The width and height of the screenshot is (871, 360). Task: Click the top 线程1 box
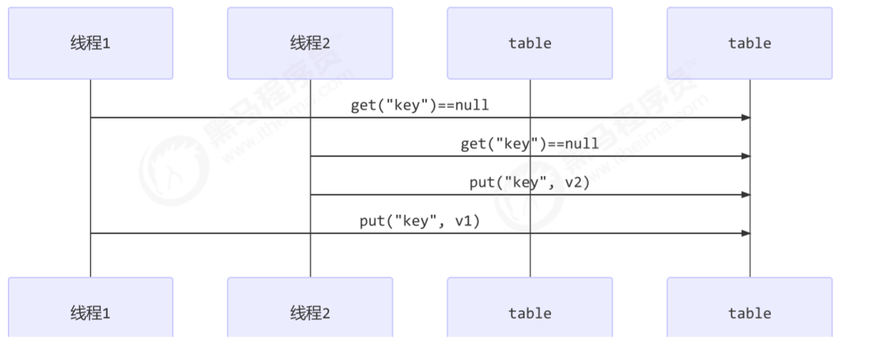[91, 43]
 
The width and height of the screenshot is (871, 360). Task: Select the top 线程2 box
[310, 43]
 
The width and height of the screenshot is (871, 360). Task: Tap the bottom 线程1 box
[91, 313]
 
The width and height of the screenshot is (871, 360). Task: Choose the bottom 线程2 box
[310, 313]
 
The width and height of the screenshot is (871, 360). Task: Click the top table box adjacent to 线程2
[530, 43]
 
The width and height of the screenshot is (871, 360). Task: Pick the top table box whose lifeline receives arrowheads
[750, 43]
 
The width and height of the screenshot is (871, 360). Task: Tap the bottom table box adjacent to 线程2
[530, 313]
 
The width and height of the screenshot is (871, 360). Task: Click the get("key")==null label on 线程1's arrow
[420, 106]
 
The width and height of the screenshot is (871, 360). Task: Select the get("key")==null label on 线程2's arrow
[530, 144]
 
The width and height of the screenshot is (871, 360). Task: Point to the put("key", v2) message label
[530, 183]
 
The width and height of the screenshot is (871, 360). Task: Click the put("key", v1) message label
[420, 221]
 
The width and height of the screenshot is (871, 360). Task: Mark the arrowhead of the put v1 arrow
[746, 233]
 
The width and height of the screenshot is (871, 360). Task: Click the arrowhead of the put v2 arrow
[746, 194]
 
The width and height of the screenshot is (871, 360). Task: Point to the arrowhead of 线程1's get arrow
[746, 117]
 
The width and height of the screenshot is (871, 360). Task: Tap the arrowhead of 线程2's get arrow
[746, 156]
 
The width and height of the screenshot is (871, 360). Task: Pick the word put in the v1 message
[372, 221]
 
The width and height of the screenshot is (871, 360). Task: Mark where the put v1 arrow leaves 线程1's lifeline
[91, 233]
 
